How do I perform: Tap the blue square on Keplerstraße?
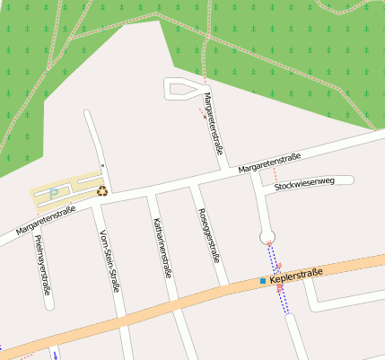(263, 281)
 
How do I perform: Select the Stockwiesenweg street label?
(304, 183)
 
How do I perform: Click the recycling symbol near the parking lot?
(102, 190)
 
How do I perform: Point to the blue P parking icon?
(53, 190)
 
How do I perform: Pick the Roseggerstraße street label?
(208, 234)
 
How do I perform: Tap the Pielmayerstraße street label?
(41, 265)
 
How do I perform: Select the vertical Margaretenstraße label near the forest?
(213, 123)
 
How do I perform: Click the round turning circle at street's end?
(267, 237)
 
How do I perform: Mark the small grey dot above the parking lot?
(102, 165)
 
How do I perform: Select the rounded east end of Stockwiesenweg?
(351, 180)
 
